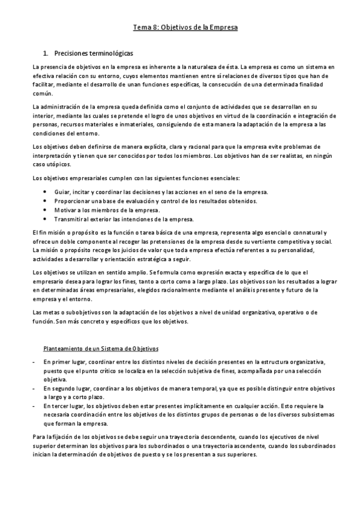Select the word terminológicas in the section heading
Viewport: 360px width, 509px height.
point(108,53)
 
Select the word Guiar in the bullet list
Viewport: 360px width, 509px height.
point(62,191)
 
